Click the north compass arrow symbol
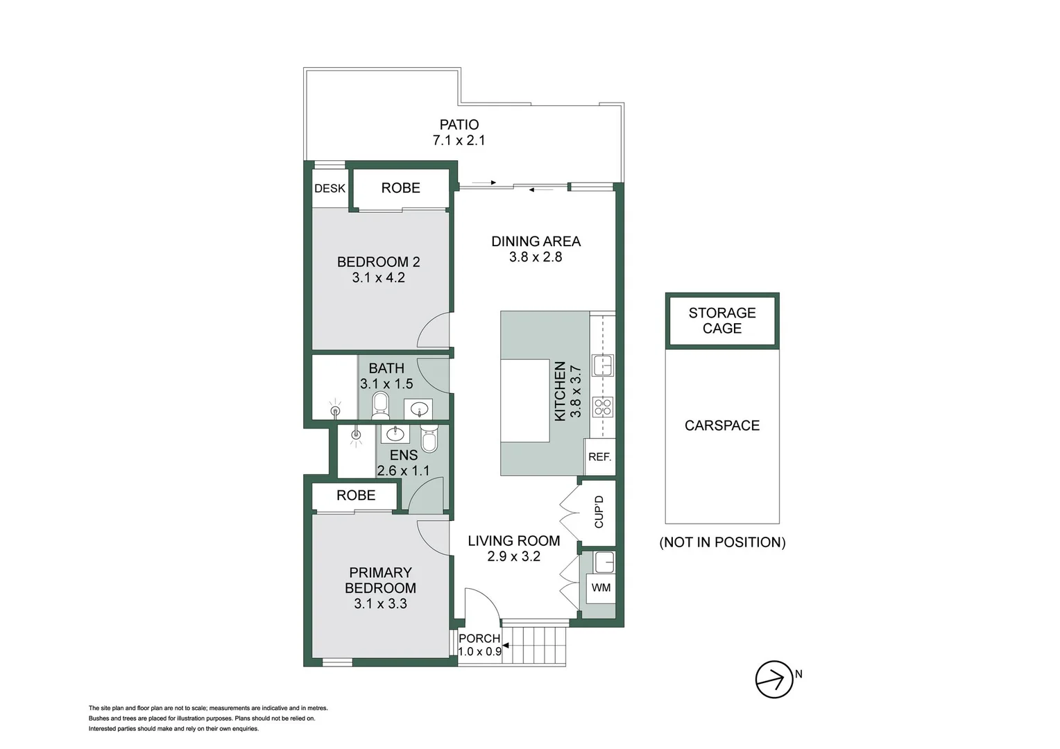click(773, 679)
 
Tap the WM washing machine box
click(601, 588)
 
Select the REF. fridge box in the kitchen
click(599, 457)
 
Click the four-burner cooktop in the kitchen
click(603, 407)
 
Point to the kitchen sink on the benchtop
click(603, 365)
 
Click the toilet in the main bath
click(380, 405)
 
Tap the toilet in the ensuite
click(429, 440)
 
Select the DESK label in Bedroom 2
click(330, 189)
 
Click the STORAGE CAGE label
click(722, 321)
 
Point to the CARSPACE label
click(722, 426)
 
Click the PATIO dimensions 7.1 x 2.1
click(459, 141)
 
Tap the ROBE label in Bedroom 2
click(400, 188)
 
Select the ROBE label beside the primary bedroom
click(356, 496)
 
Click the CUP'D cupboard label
click(599, 512)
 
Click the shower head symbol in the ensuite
click(357, 435)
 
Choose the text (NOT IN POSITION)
click(722, 542)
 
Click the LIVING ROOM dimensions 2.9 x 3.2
click(513, 557)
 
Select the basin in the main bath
click(418, 408)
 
